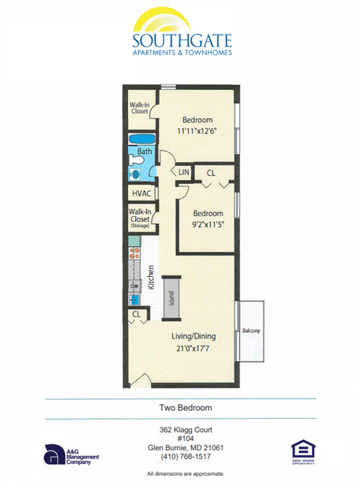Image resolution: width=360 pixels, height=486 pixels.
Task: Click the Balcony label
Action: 250,330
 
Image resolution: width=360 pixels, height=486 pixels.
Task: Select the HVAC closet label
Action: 140,194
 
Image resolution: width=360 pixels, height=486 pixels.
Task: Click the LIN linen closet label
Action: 183,172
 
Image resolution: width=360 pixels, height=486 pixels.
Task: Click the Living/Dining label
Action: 193,336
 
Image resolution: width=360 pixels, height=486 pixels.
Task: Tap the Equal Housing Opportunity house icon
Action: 303,450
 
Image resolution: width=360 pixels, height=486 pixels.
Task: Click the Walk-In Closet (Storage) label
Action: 139,218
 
